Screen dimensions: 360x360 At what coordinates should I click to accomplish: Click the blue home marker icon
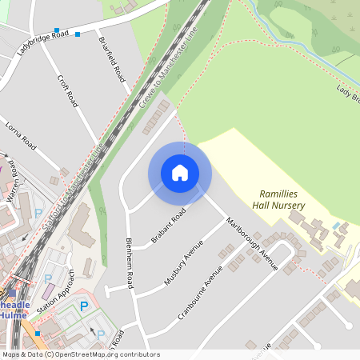[180, 173]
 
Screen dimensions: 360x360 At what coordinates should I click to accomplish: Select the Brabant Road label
[168, 226]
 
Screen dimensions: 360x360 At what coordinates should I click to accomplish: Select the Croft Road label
[67, 91]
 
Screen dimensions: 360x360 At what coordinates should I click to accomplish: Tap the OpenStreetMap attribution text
[80, 354]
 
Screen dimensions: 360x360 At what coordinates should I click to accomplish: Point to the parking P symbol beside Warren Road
[38, 214]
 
